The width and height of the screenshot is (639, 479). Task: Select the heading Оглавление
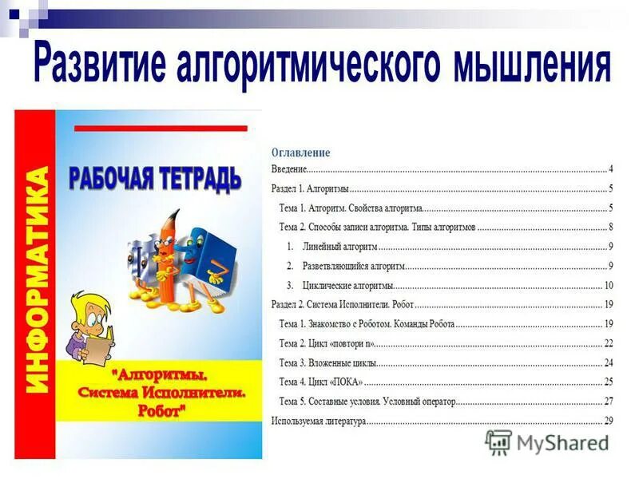click(301, 152)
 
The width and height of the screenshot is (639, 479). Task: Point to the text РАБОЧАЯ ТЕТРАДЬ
click(155, 176)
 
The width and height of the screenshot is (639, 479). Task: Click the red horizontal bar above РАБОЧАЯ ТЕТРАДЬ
click(160, 128)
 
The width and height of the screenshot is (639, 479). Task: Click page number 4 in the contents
click(610, 169)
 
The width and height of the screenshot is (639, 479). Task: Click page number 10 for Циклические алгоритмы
click(608, 285)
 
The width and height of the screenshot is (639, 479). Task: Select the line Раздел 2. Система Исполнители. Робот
click(343, 304)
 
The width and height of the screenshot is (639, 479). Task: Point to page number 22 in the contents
click(608, 343)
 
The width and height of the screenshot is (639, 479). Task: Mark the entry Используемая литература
click(318, 421)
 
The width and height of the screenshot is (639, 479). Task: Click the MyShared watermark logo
click(546, 441)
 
